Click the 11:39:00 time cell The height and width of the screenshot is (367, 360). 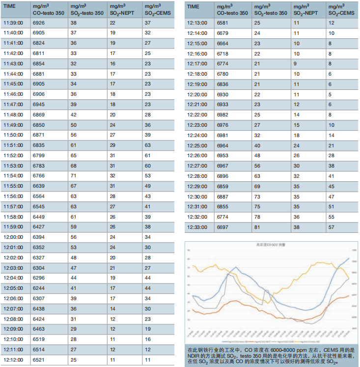pos(13,23)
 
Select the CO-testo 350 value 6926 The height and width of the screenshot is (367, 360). pos(39,23)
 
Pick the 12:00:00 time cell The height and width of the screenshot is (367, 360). pos(13,237)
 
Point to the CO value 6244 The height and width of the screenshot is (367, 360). pos(39,288)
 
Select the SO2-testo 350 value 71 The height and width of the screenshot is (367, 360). pos(73,175)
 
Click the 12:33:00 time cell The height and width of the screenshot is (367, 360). pos(198,227)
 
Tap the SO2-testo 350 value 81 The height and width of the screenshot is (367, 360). pos(257,227)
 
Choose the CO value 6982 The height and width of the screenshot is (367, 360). pos(223,114)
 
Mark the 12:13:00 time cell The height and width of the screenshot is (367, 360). pos(198,23)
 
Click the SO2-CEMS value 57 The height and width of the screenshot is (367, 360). pos(332,227)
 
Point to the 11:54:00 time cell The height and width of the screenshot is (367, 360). pos(13,175)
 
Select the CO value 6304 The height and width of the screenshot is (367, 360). pos(39,268)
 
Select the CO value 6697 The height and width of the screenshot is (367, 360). pos(223,227)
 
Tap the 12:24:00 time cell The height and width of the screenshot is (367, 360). pos(198,135)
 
